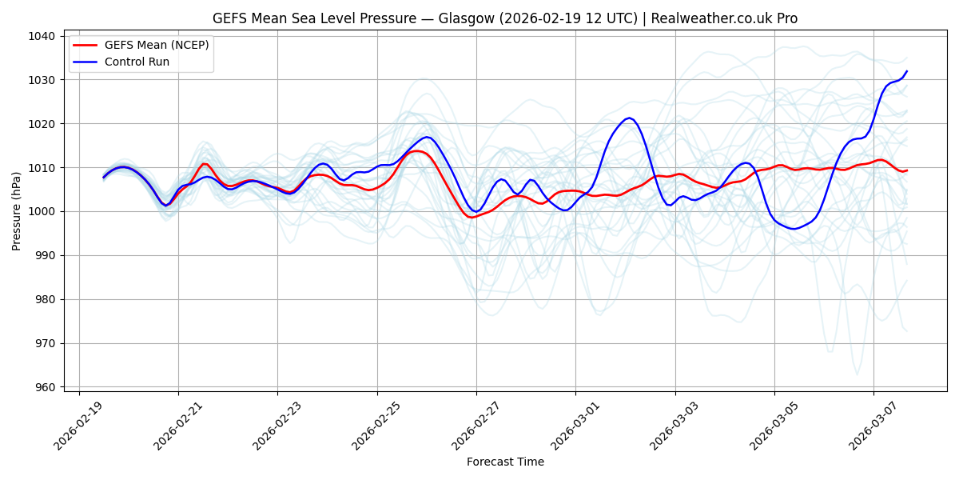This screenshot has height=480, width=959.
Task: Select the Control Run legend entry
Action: tap(137, 62)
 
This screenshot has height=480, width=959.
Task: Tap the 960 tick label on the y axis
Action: tap(45, 387)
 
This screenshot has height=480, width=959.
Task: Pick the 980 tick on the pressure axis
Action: tap(45, 299)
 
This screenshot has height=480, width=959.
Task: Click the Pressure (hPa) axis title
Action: tap(17, 211)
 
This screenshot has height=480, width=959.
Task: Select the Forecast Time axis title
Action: tap(505, 462)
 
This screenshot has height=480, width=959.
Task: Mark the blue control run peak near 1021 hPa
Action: tap(629, 118)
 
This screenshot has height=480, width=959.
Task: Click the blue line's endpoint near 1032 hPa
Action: tap(907, 71)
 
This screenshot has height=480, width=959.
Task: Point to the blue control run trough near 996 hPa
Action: tap(794, 229)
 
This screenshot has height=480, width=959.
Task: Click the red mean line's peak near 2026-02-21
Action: tap(205, 163)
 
